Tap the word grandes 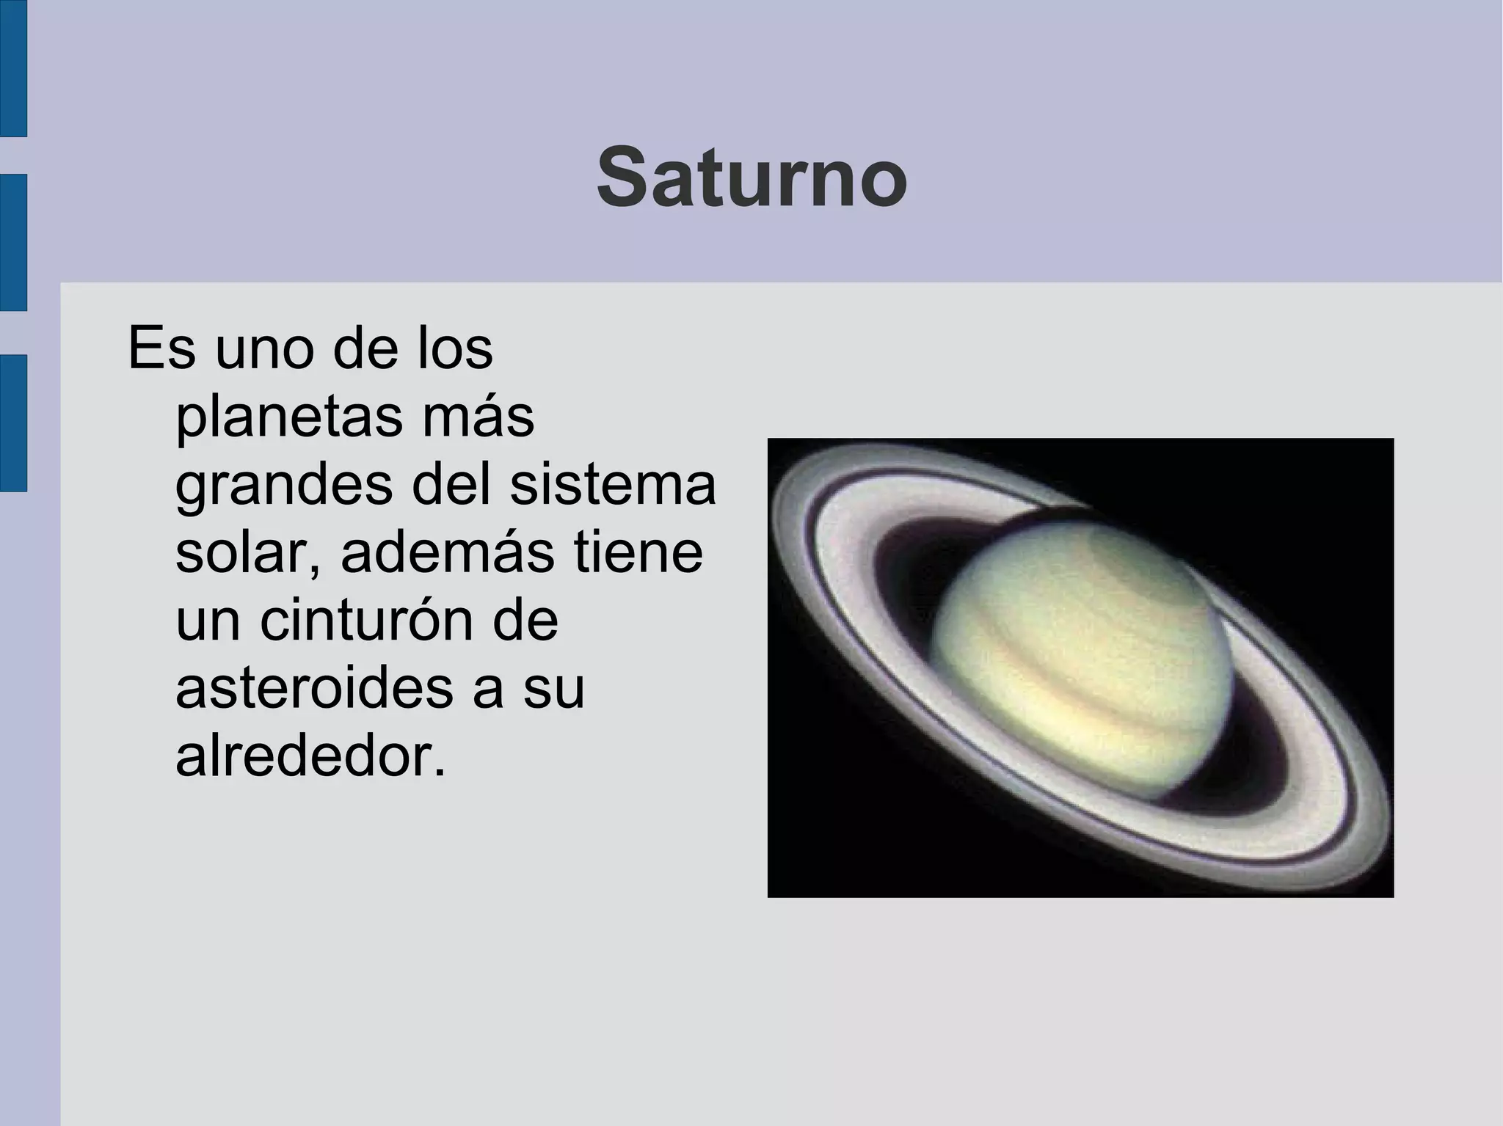click(285, 487)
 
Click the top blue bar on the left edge click(12, 67)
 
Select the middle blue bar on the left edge click(12, 242)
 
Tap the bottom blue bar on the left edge click(12, 423)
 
